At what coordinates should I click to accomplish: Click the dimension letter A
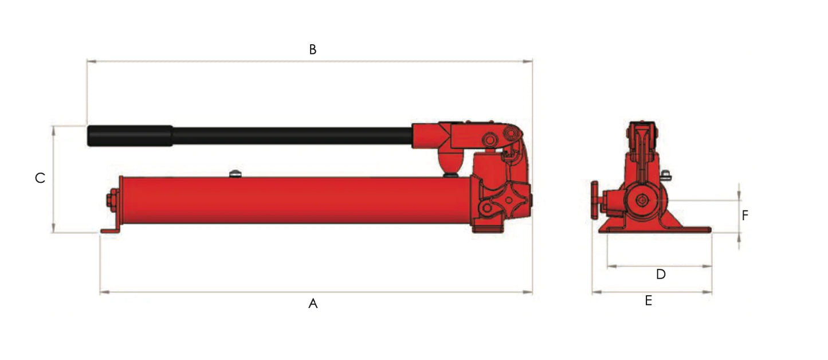pos(313,303)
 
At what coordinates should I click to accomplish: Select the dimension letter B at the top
pos(313,50)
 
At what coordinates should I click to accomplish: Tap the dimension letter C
pos(40,178)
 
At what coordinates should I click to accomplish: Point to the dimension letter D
pos(661,275)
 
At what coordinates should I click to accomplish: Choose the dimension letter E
pos(649,301)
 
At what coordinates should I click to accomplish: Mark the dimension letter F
pos(745,216)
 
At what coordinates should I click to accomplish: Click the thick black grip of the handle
pos(130,136)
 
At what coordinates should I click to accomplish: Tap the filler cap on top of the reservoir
pos(234,173)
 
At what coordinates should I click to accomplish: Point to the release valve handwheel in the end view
pos(595,200)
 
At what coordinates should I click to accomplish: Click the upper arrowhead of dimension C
pos(53,130)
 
